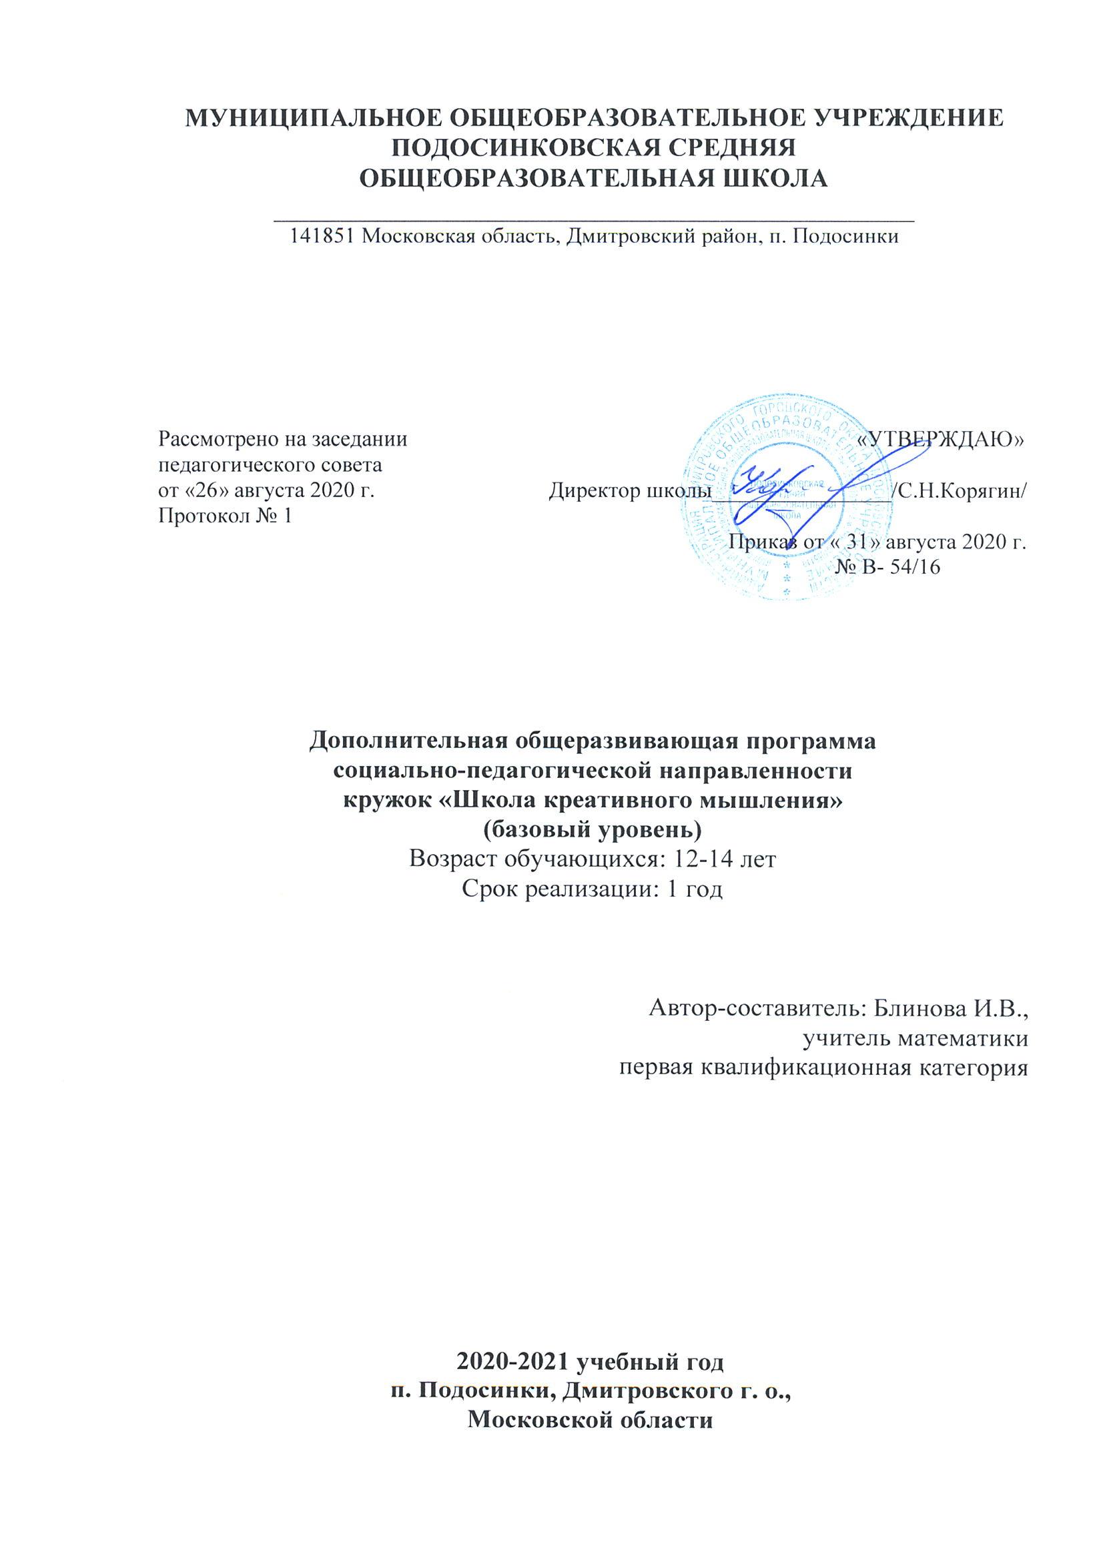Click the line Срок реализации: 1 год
[x=591, y=889]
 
